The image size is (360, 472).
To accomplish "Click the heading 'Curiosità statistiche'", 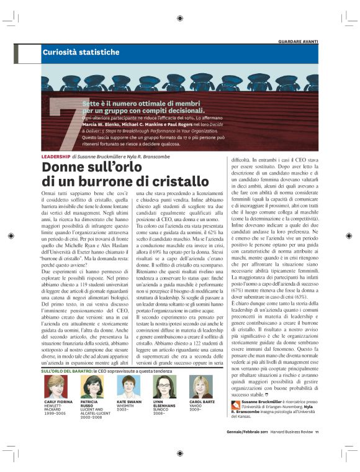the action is [81, 53].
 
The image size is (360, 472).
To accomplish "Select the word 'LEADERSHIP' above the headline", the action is [55, 155].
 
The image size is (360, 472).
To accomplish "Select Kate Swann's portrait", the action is [128, 386].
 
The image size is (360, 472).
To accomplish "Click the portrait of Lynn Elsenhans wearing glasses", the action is [166, 386].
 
